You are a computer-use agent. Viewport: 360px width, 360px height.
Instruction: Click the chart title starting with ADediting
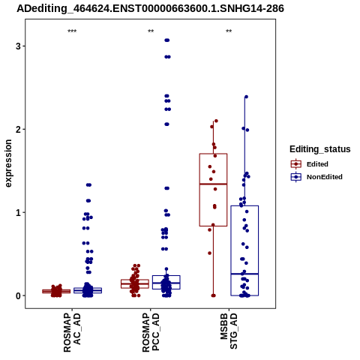[150, 9]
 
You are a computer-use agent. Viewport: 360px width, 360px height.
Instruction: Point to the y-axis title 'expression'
[8, 163]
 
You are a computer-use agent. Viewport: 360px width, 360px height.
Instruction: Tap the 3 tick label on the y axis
[18, 46]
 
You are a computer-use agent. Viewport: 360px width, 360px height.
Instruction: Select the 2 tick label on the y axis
[18, 129]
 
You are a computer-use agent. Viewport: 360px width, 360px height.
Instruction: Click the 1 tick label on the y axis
[18, 212]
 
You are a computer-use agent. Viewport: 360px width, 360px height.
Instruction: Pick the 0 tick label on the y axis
[18, 295]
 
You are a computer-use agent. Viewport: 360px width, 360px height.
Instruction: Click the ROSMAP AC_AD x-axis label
[72, 332]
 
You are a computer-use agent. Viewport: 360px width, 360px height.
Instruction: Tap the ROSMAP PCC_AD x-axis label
[151, 332]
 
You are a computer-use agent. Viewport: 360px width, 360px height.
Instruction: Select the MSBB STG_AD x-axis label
[229, 331]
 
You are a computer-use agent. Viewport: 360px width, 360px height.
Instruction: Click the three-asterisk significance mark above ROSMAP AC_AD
[72, 31]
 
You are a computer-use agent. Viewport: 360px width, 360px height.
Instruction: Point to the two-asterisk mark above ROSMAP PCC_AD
[151, 31]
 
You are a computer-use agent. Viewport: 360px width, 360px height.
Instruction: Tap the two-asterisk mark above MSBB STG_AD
[229, 31]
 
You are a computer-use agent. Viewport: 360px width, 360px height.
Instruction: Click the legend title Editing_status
[320, 149]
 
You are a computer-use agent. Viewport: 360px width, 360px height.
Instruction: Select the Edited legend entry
[310, 164]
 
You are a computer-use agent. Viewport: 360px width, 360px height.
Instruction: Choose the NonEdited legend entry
[316, 177]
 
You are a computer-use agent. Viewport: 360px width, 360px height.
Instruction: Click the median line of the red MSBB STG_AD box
[213, 184]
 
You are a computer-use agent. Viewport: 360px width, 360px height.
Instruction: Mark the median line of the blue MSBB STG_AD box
[244, 274]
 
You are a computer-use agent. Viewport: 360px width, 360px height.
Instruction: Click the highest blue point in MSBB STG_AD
[246, 97]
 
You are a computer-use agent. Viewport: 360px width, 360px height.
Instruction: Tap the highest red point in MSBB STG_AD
[216, 121]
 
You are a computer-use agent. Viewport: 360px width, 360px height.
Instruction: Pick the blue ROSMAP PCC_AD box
[166, 276]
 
